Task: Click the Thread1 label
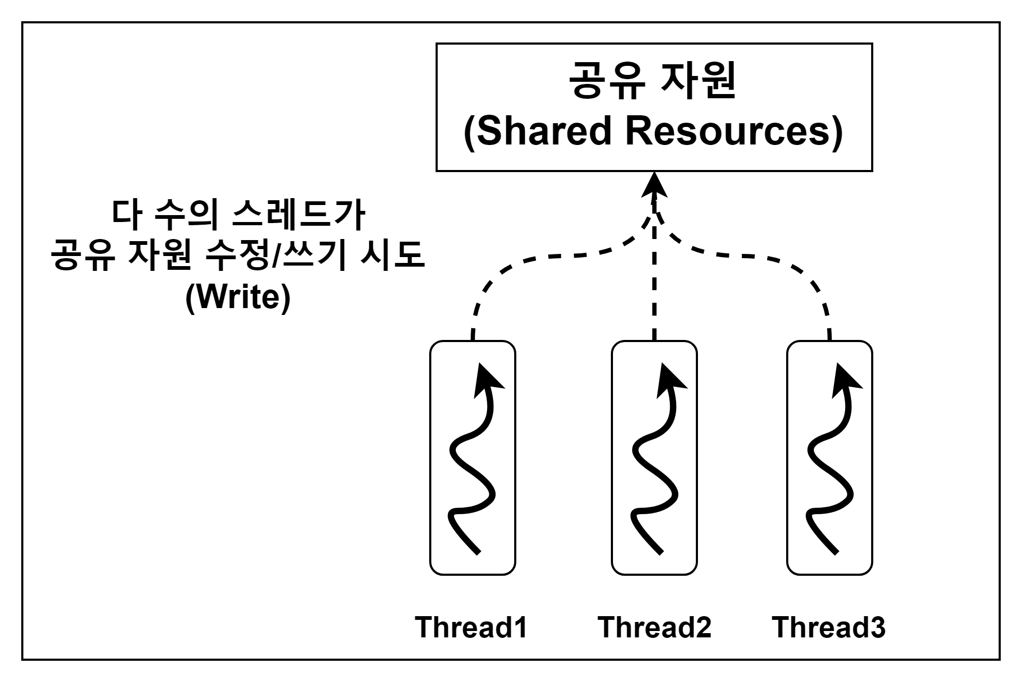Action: (x=471, y=627)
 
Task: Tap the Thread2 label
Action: (x=654, y=627)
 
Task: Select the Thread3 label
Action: (x=828, y=627)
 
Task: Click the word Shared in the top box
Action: (x=542, y=131)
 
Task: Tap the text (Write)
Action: (x=239, y=297)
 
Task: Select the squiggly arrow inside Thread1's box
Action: (x=472, y=462)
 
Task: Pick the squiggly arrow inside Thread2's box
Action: (x=654, y=462)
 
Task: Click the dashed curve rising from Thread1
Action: (x=531, y=260)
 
